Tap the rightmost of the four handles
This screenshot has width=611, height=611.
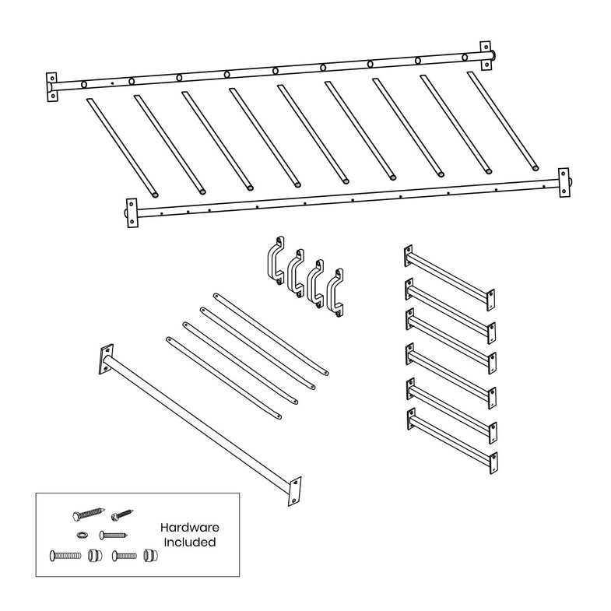(337, 293)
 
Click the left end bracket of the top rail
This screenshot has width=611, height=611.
(52, 87)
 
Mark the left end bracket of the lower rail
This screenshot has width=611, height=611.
(131, 212)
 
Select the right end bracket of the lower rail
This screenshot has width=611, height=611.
(564, 182)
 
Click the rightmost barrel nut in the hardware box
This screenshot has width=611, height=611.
(150, 557)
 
